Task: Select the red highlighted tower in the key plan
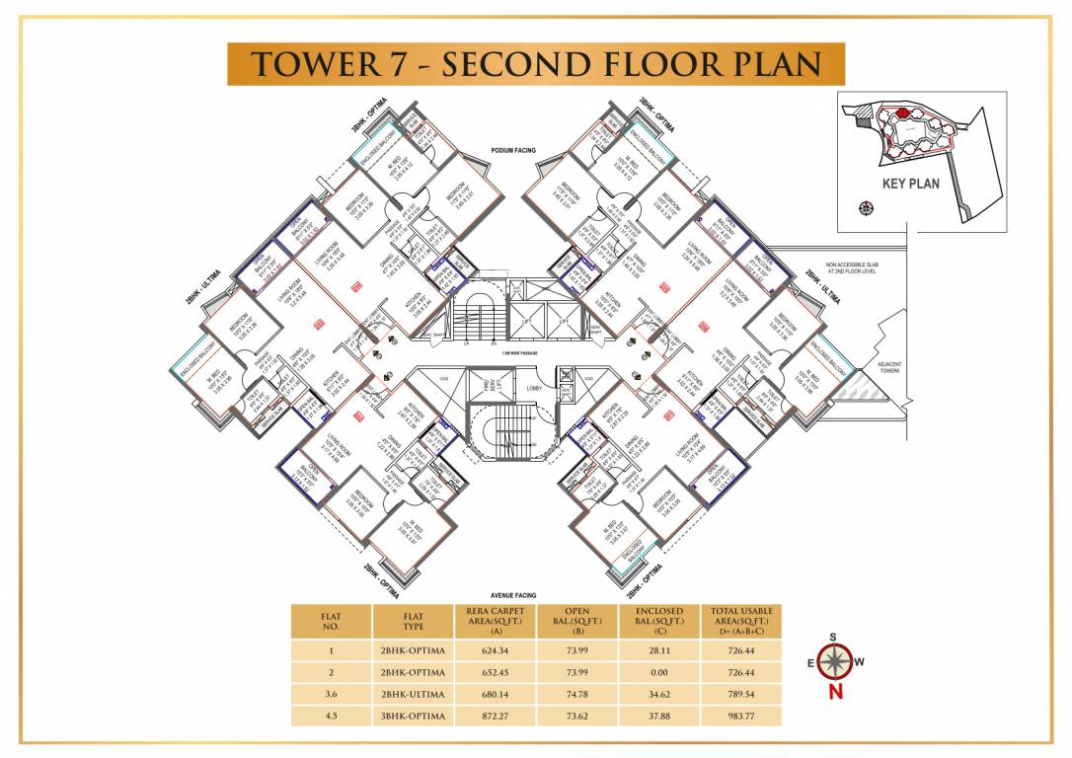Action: [901, 114]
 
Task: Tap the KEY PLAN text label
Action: [910, 183]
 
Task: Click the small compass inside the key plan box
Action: [867, 207]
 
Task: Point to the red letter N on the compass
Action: [836, 692]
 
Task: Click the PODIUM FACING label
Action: [512, 150]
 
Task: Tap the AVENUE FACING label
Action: [512, 596]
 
